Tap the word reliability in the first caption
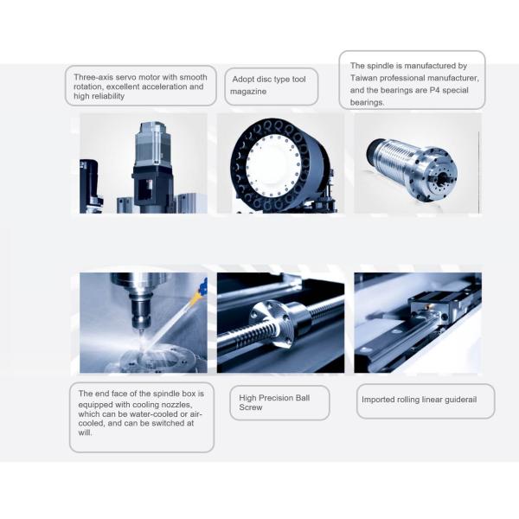click(108, 96)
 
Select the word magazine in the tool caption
click(248, 92)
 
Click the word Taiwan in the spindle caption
click(363, 78)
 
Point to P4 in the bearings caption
click(434, 90)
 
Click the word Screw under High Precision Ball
click(251, 407)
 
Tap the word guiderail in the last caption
click(461, 400)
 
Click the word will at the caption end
click(85, 432)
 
